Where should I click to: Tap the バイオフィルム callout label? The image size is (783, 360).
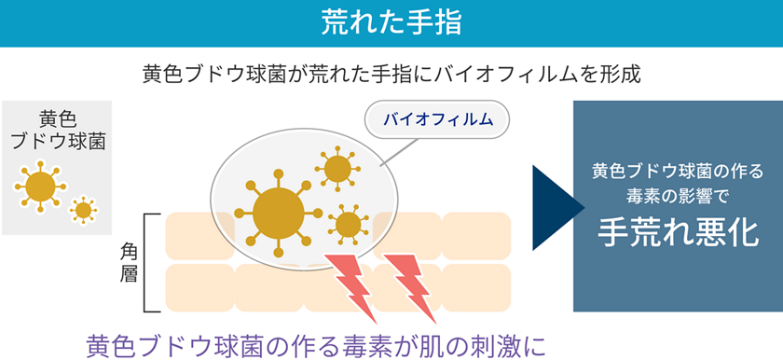point(437,119)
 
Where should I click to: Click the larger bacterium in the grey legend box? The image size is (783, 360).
point(40,187)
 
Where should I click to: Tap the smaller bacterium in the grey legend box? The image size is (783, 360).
point(83,210)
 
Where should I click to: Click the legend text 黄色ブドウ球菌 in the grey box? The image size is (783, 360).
point(57,131)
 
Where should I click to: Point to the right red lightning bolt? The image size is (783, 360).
point(410,280)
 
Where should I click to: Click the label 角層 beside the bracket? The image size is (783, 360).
point(130,262)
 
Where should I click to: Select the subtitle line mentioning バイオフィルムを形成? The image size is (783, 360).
point(391,74)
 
